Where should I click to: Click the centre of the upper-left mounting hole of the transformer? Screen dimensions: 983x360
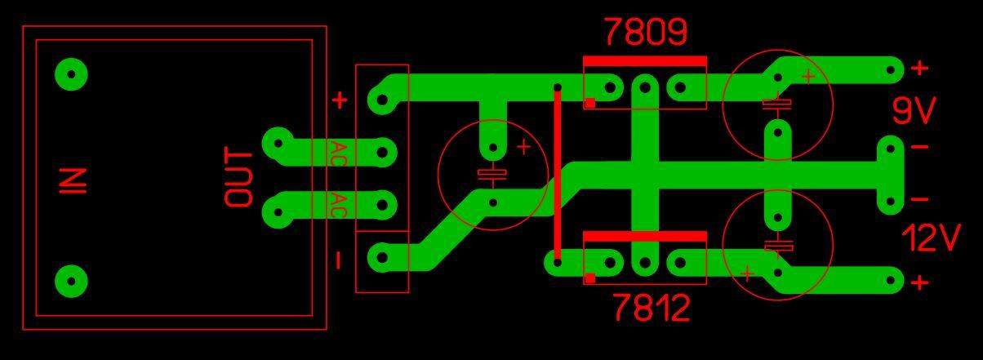pyautogui.click(x=71, y=73)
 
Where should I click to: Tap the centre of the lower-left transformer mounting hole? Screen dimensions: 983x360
pyautogui.click(x=71, y=281)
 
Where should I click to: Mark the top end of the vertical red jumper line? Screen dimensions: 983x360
pyautogui.click(x=558, y=87)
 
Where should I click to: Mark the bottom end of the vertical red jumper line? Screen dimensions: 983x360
pyautogui.click(x=558, y=263)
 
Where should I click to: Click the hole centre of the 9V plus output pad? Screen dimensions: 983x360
pyautogui.click(x=891, y=70)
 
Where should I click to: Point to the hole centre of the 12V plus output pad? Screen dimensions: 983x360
pyautogui.click(x=891, y=281)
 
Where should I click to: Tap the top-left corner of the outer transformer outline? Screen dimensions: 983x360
pyautogui.click(x=23, y=26)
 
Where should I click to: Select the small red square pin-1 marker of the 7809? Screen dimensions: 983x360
pyautogui.click(x=590, y=103)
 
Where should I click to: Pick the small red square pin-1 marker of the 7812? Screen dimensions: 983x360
pyautogui.click(x=590, y=278)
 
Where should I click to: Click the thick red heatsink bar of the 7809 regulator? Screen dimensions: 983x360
pyautogui.click(x=645, y=61)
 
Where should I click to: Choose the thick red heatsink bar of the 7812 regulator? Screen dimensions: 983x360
pyautogui.click(x=645, y=236)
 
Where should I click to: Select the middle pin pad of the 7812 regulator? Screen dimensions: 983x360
pyautogui.click(x=645, y=263)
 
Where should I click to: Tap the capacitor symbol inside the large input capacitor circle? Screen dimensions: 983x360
pyautogui.click(x=492, y=175)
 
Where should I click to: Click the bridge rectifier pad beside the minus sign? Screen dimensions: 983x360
pyautogui.click(x=382, y=257)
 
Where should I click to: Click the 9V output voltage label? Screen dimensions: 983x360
pyautogui.click(x=914, y=110)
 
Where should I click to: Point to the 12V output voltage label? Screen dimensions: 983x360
pyautogui.click(x=931, y=238)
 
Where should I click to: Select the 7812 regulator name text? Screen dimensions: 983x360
pyautogui.click(x=652, y=307)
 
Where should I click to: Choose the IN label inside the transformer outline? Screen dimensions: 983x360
pyautogui.click(x=73, y=181)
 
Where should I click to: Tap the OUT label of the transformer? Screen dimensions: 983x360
pyautogui.click(x=238, y=177)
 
